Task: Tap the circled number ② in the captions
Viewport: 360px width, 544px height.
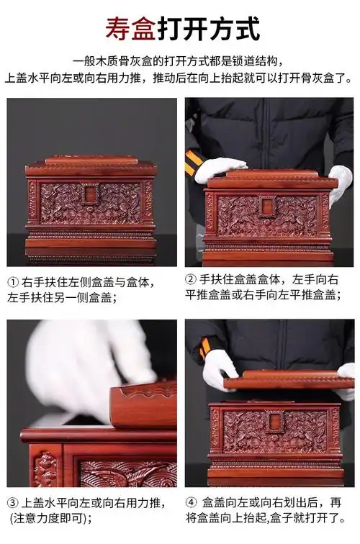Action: (x=192, y=279)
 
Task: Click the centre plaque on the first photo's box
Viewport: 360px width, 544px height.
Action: (x=91, y=195)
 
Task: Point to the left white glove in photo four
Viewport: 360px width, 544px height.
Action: (x=219, y=367)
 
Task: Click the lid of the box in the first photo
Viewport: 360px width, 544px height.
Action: (x=91, y=165)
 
